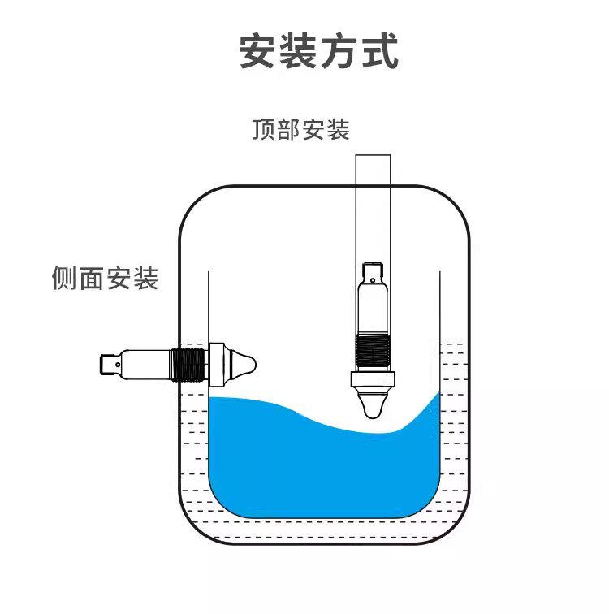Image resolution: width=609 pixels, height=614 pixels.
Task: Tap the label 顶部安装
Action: coord(300,130)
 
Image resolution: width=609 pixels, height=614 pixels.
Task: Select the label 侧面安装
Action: coord(105,279)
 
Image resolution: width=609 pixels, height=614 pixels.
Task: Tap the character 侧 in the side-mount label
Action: coord(64,279)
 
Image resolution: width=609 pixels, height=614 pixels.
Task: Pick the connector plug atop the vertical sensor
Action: coord(373,270)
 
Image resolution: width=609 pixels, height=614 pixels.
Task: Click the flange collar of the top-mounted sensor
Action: coord(372,378)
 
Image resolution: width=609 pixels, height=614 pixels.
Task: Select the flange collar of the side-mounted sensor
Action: coord(217,363)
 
